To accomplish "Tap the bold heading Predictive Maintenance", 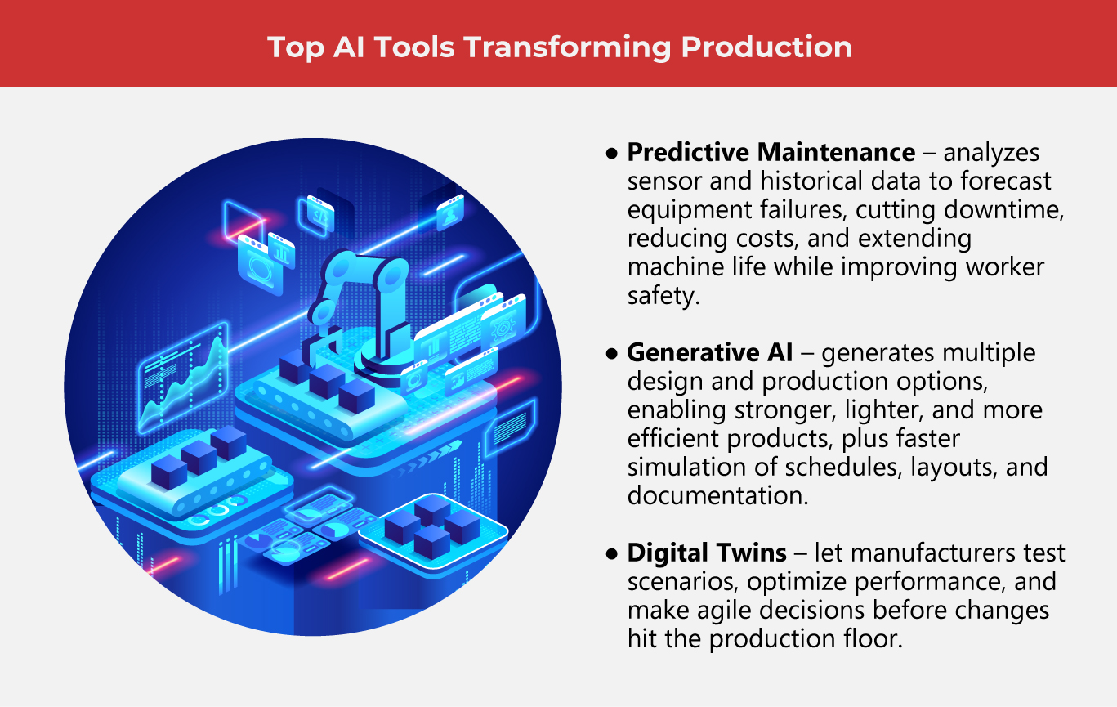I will tap(771, 153).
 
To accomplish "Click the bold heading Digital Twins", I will tap(707, 553).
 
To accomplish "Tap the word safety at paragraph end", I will tap(663, 296).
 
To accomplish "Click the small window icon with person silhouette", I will tap(450, 212).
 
